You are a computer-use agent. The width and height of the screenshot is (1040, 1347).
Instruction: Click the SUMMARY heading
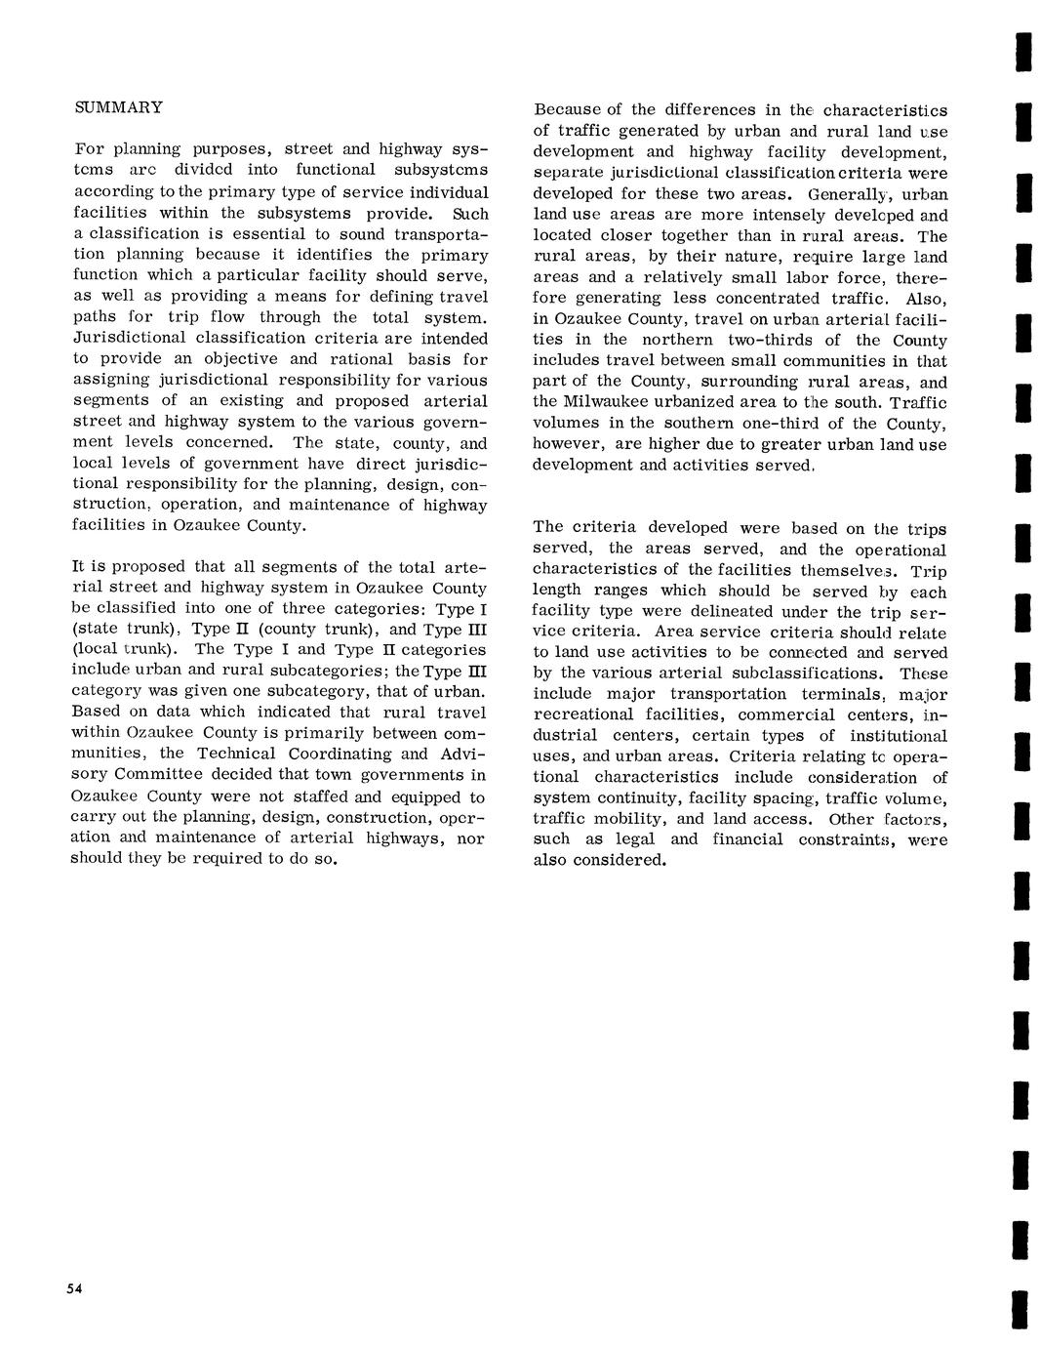click(119, 107)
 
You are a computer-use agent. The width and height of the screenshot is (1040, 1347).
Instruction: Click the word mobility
click(632, 819)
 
